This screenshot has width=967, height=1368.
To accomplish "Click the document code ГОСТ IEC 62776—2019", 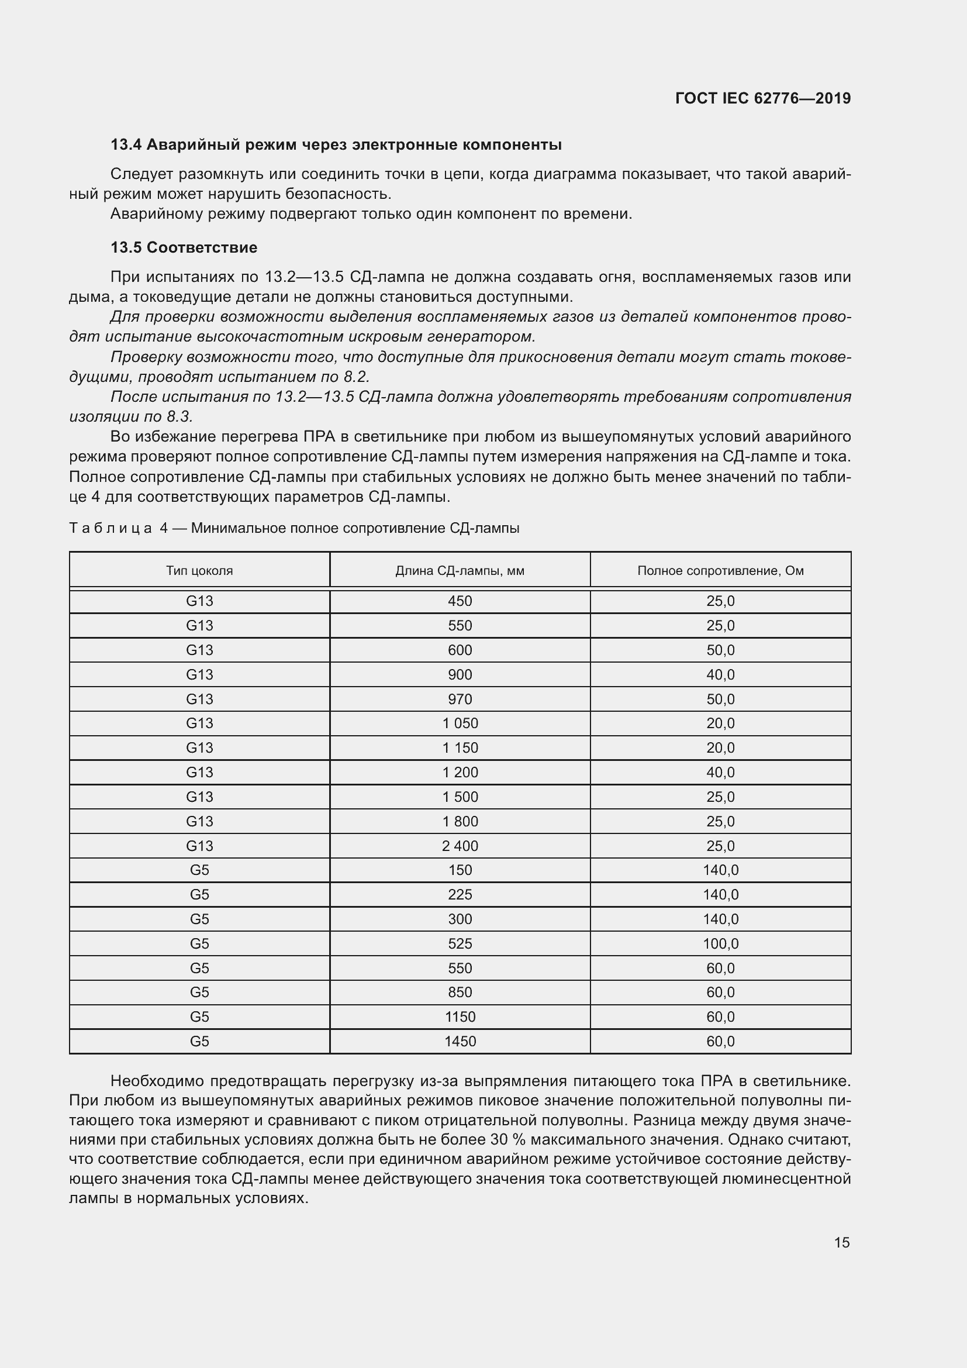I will coord(763,98).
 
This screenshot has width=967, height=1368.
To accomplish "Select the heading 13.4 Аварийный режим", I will coord(336,145).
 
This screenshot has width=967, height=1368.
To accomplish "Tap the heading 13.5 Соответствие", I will coord(184,248).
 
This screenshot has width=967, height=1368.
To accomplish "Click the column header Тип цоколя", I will coord(199,571).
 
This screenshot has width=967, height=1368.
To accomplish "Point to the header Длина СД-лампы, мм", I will coord(460,571).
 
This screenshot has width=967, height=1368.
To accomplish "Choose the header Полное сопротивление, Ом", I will coord(720,571).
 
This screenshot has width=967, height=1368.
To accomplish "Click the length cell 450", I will coord(460,601).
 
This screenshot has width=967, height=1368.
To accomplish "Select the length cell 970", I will coord(460,699).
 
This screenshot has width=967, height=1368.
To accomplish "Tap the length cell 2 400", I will coord(460,846).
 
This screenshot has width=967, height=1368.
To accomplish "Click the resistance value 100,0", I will coord(720,944).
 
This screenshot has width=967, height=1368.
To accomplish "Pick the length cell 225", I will coord(460,895).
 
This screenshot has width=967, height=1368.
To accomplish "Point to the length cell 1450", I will coord(460,1042).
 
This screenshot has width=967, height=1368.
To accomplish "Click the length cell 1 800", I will coord(460,822).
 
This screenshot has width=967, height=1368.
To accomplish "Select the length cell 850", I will coord(460,993).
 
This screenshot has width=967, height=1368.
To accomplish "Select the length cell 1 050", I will coord(460,723).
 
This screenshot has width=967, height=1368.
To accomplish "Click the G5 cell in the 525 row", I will coord(199,944).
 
